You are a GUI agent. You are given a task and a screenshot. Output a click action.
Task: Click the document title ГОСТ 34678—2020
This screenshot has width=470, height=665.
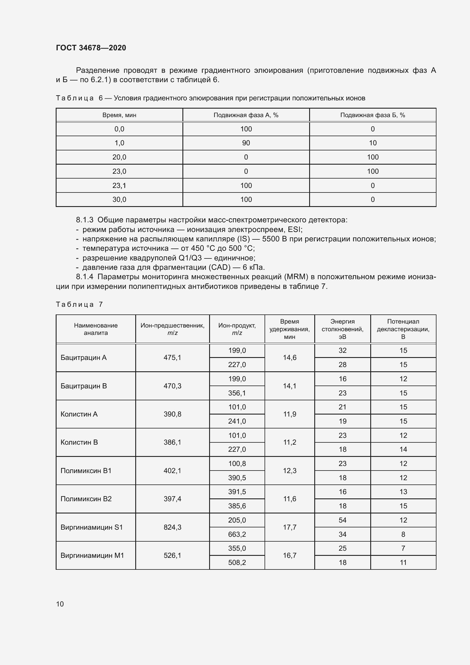tap(91, 48)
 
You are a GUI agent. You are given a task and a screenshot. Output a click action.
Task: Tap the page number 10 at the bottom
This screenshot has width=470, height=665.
tap(60, 604)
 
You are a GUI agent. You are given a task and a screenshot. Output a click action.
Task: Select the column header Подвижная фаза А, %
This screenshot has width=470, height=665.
tap(246, 115)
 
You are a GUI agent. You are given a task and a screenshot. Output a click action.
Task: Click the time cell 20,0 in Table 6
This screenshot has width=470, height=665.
tap(119, 157)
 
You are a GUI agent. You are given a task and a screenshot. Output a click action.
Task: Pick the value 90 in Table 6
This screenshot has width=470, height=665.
tap(246, 143)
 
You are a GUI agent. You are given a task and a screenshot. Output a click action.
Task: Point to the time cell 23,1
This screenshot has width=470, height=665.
tap(119, 185)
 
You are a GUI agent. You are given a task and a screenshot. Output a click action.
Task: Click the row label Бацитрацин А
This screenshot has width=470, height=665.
tap(83, 357)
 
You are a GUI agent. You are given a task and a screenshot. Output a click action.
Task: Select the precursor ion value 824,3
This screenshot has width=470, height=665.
tap(172, 527)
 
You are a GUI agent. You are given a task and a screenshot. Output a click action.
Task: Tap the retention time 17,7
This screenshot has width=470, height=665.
tap(289, 527)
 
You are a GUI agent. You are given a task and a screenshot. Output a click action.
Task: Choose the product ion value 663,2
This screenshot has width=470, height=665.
tap(237, 534)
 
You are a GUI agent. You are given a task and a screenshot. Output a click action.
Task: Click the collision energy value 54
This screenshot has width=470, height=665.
tap(342, 520)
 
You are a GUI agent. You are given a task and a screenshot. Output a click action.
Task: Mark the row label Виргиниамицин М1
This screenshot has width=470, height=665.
tap(92, 555)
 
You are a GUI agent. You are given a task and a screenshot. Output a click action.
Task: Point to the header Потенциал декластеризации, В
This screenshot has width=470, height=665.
tap(403, 329)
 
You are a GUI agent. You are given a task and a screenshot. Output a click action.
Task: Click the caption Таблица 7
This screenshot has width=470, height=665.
tap(79, 304)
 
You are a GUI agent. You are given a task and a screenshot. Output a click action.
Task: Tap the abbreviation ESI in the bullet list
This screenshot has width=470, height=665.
tap(294, 230)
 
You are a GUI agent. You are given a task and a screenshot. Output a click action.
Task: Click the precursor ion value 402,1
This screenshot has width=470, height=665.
tap(172, 471)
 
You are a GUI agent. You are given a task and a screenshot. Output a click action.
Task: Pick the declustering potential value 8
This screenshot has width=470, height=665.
tap(403, 534)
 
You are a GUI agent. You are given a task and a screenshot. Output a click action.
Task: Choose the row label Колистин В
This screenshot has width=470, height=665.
tap(79, 442)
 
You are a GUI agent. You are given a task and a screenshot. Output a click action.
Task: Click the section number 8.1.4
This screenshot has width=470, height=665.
tap(84, 277)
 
